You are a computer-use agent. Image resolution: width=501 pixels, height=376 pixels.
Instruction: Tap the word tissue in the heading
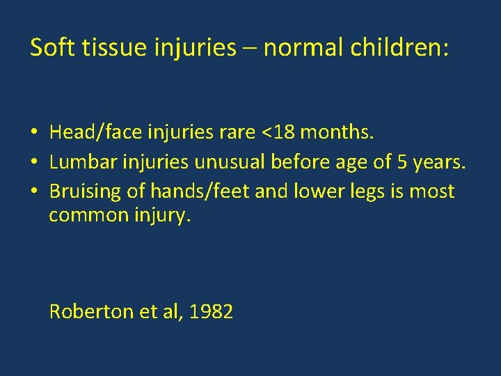click(x=111, y=47)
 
